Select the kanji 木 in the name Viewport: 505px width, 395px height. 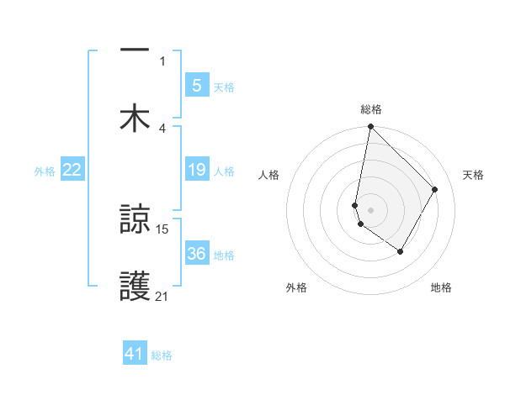pos(135,118)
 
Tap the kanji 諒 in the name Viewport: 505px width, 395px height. pos(135,220)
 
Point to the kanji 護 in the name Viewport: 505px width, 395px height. pos(135,287)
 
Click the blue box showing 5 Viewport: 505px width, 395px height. pos(196,86)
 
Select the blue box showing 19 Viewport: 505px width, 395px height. pos(196,171)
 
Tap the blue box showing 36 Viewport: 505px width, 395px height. pos(196,255)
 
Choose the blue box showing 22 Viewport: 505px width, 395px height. pos(72,171)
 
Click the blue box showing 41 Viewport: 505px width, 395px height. pos(135,354)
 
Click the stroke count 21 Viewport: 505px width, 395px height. pos(162,296)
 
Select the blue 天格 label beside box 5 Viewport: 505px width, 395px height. pos(224,87)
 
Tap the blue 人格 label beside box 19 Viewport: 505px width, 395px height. pos(224,171)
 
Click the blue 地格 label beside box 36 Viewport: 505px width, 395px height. pos(224,255)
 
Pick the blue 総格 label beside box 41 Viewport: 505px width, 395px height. pos(162,355)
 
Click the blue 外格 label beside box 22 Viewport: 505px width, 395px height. pos(45,171)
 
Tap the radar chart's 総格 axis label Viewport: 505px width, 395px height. pos(371,109)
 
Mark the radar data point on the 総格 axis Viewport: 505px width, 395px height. pos(370,128)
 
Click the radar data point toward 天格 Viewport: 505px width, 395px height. pos(435,189)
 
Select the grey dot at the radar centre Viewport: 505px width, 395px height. pos(370,210)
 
